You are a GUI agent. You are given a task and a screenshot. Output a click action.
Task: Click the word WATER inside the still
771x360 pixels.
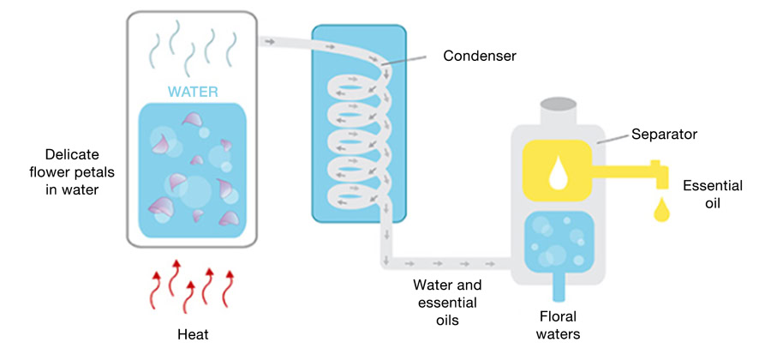point(193,91)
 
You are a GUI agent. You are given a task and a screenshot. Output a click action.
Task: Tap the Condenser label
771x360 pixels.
point(480,57)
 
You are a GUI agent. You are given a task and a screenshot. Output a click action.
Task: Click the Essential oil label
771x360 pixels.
point(713,194)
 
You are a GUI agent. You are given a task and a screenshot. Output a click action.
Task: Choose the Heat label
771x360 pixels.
point(192,334)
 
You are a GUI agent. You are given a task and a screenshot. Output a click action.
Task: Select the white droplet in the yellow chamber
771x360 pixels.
point(559,174)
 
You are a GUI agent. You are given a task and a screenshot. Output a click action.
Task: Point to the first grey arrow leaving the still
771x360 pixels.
point(269,40)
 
